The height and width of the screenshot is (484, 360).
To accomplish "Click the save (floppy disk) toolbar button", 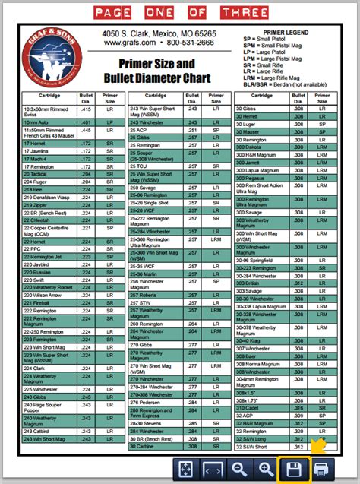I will tap(292, 468).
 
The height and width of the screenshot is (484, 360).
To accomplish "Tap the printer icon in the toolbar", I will tap(320, 468).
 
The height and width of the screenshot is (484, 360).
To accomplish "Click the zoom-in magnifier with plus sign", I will tap(265, 468).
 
